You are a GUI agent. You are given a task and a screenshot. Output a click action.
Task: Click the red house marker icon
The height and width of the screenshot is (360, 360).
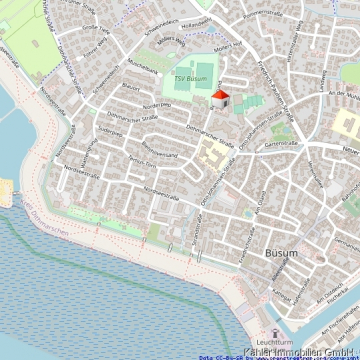[x=220, y=98]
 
